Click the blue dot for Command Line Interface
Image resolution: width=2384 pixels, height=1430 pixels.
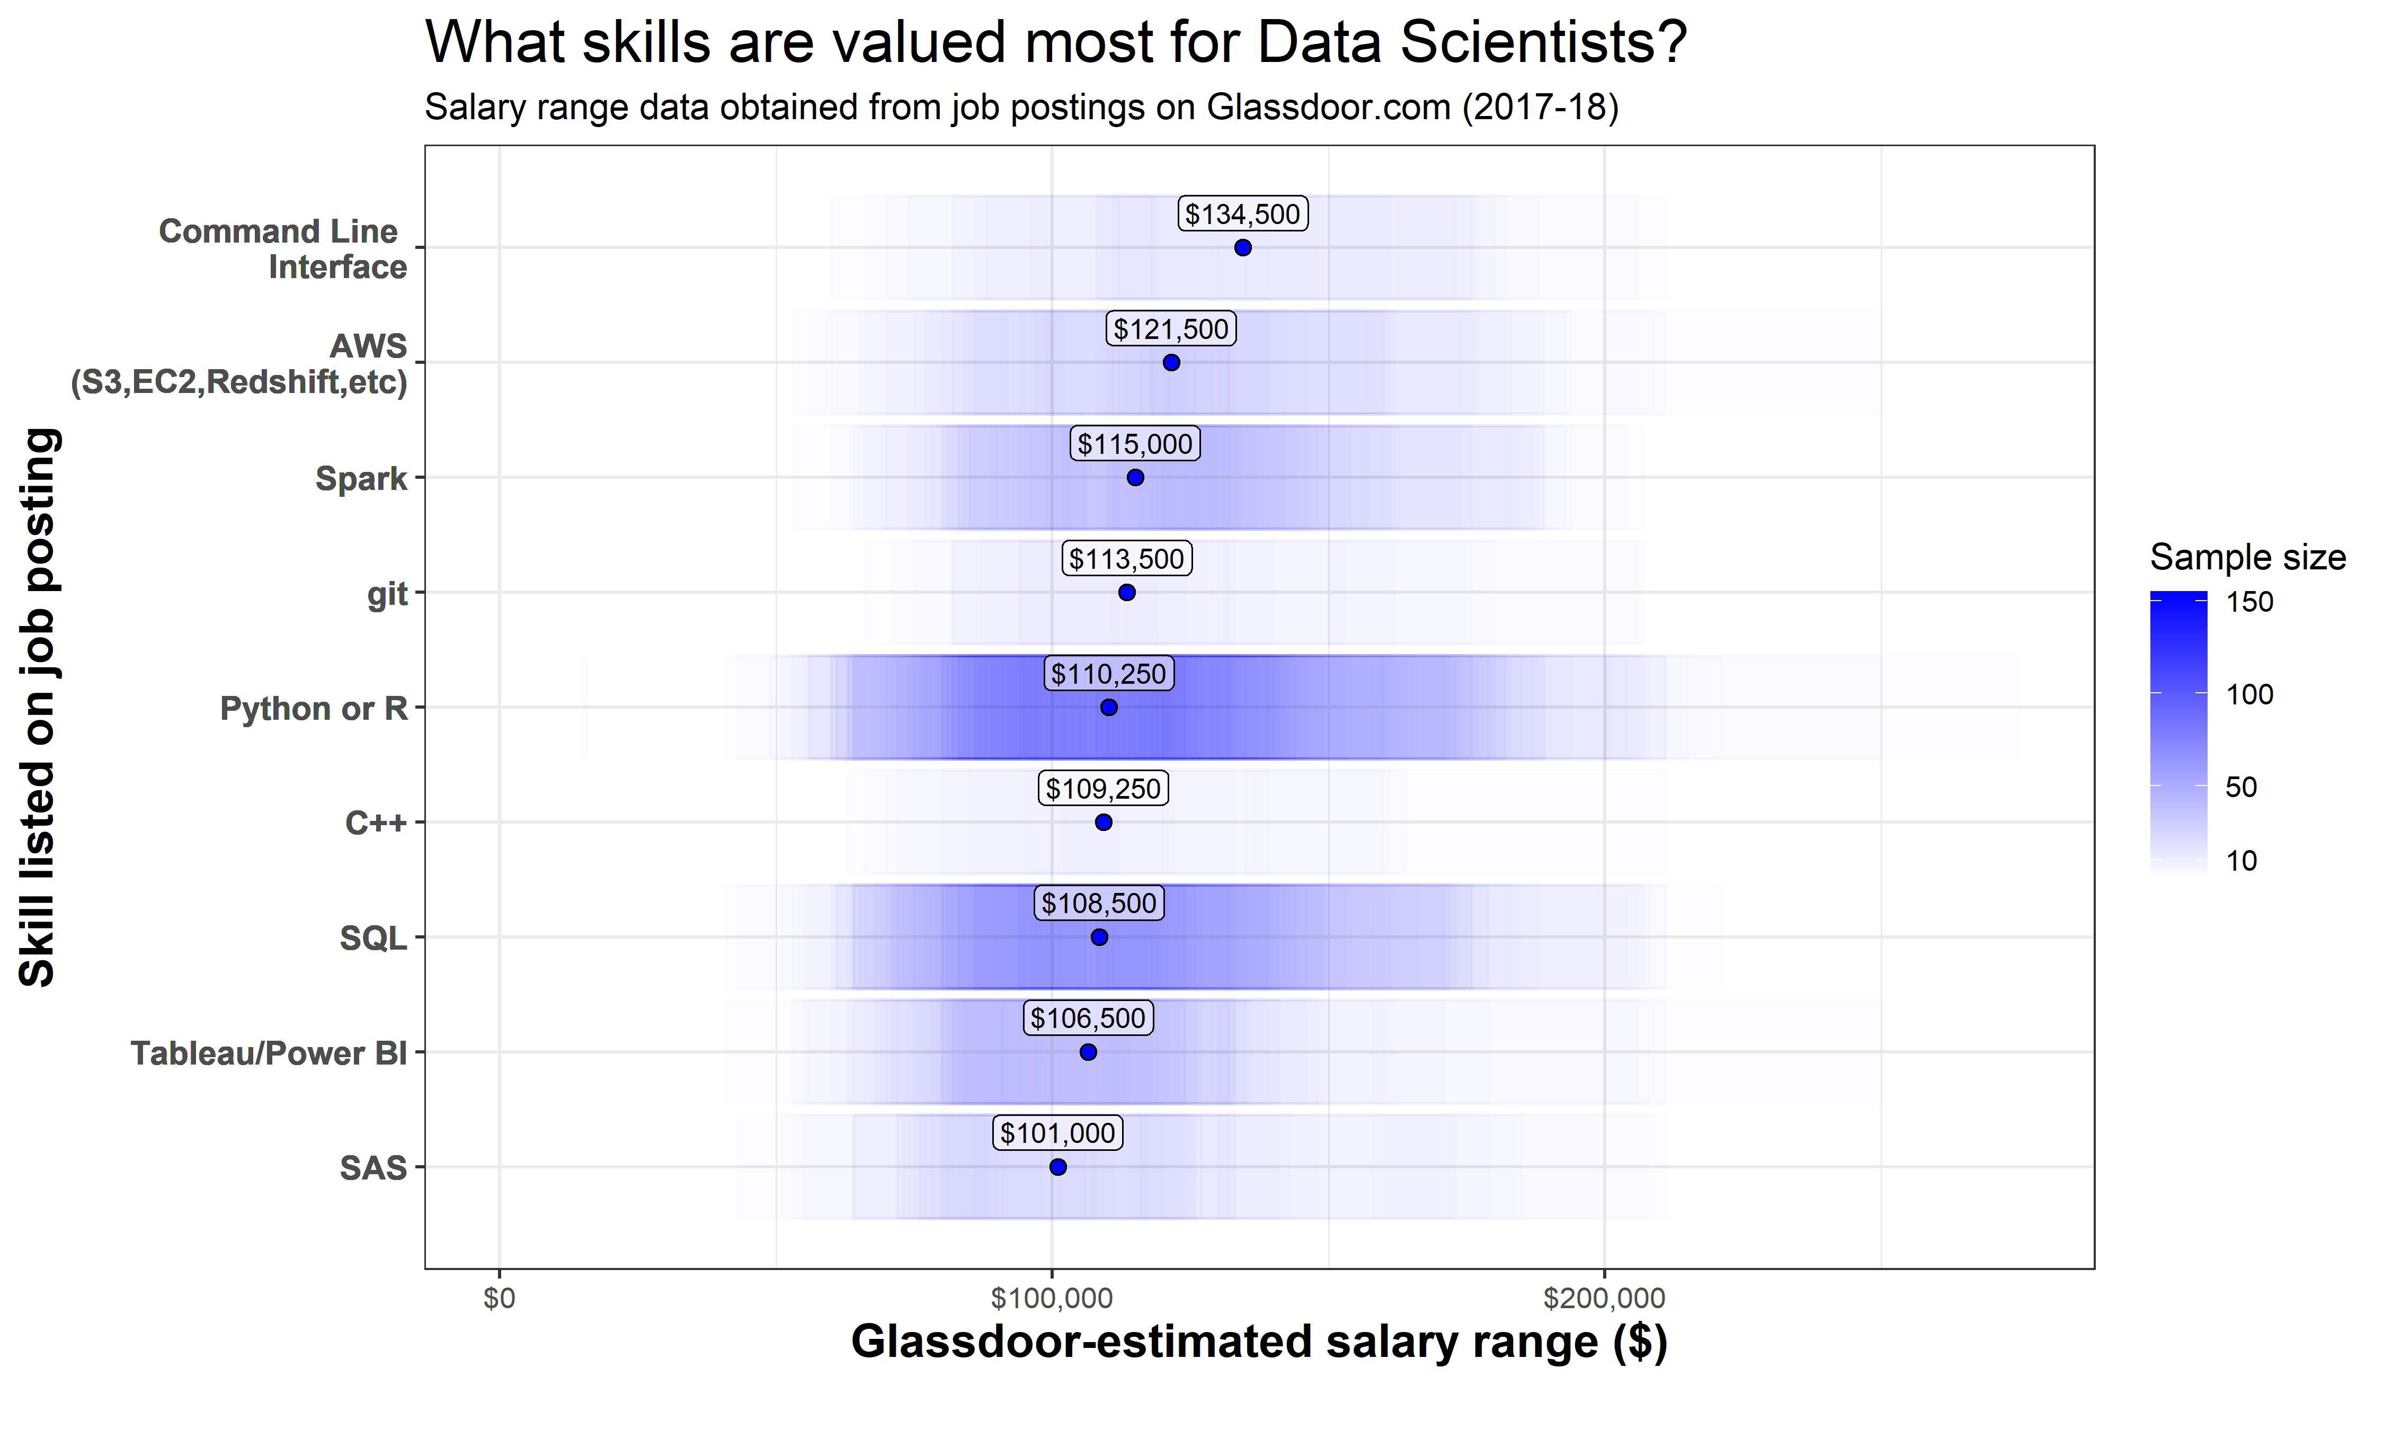[1242, 248]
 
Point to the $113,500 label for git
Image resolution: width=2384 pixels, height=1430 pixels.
[1126, 559]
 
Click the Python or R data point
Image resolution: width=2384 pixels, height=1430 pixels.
[1108, 707]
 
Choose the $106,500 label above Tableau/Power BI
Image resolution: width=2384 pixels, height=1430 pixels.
[1088, 1018]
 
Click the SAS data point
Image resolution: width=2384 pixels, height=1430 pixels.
[1057, 1167]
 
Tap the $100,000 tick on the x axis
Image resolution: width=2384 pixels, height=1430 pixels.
[1051, 1299]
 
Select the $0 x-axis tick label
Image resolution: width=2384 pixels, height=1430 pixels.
[499, 1299]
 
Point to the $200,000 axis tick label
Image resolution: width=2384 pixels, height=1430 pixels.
[1604, 1299]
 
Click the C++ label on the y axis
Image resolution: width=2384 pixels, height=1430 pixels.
[376, 823]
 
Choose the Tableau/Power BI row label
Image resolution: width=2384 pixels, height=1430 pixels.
[269, 1053]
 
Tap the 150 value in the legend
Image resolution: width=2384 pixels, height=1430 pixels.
[2249, 602]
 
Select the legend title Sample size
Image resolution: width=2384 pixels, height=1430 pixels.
[2247, 557]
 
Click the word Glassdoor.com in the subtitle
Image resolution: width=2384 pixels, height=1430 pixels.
[1328, 107]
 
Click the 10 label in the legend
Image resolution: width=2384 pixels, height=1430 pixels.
[2241, 861]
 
